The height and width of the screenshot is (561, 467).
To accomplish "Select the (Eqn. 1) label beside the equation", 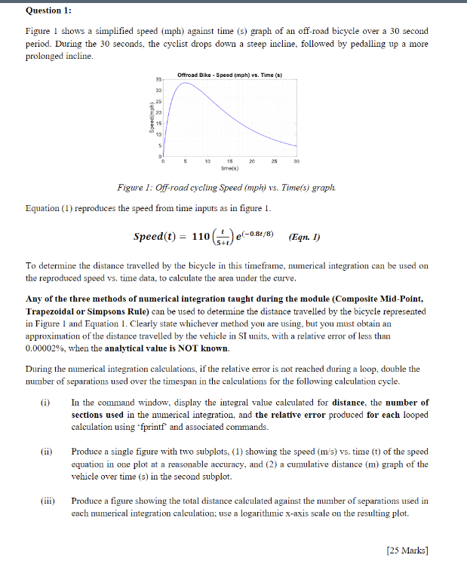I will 305,237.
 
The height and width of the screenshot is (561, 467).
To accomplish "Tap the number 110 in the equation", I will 201,237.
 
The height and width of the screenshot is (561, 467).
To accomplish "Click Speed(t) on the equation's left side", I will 156,237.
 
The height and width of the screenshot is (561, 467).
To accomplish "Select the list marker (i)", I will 46,403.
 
